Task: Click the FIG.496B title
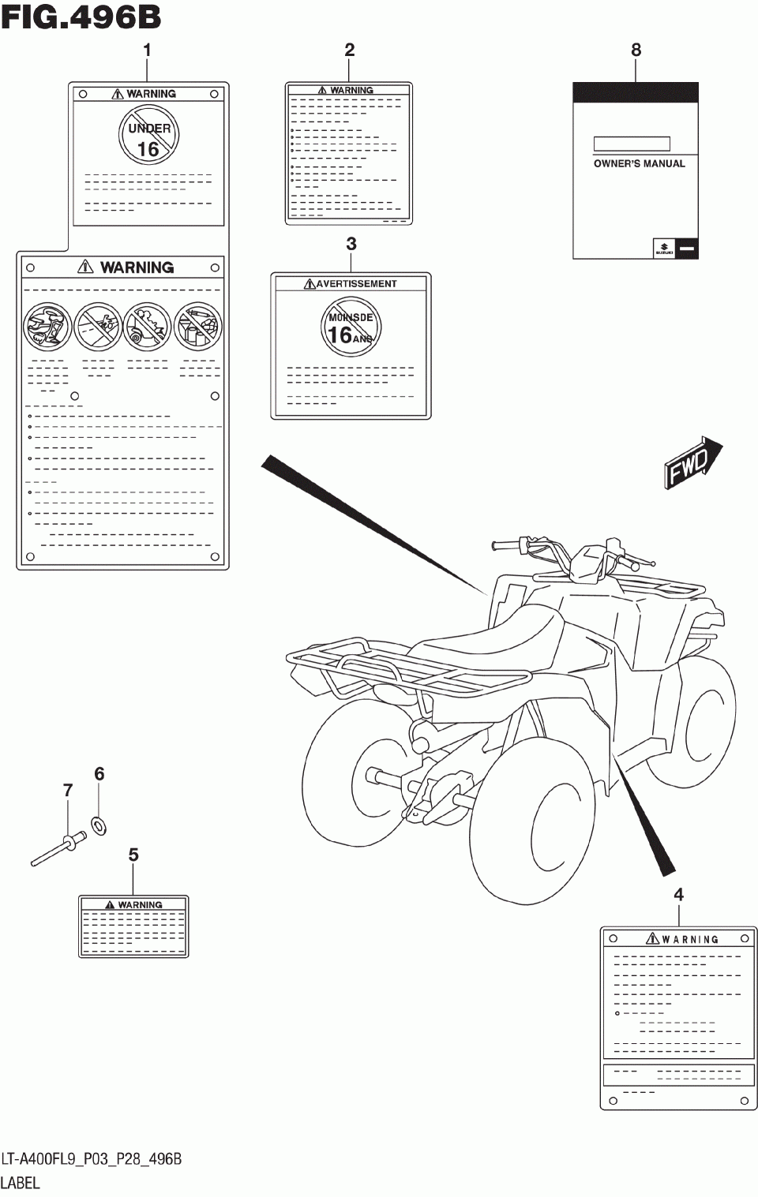click(81, 17)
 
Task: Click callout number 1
click(147, 50)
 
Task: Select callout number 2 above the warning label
click(350, 50)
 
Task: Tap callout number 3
click(351, 245)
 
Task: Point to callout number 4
click(678, 895)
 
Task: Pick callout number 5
click(133, 855)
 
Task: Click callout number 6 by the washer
click(99, 774)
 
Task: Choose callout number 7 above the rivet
click(68, 791)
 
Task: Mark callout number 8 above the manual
click(636, 50)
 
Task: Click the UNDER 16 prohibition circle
click(148, 137)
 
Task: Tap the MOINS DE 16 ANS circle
click(351, 327)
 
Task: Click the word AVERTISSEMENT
click(356, 284)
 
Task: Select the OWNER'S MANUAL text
click(639, 164)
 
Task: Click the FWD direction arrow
click(692, 464)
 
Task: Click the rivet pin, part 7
click(59, 851)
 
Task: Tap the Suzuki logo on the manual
click(663, 249)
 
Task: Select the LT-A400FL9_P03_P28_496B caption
click(92, 1159)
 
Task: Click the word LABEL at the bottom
click(20, 1183)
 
